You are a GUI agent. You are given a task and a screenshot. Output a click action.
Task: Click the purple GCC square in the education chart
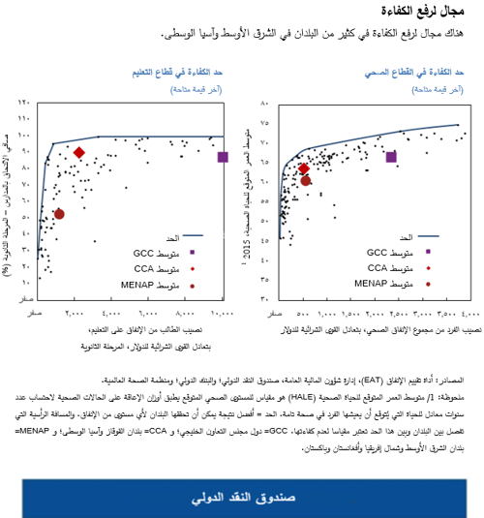223,157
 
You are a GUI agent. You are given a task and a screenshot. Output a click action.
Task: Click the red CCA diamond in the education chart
79,153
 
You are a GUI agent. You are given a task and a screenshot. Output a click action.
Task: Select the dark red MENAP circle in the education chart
59,214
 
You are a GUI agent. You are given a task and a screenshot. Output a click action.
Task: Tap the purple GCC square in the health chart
391,157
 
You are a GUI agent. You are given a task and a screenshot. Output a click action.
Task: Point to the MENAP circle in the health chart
306,180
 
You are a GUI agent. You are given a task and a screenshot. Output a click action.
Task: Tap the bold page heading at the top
435,12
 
